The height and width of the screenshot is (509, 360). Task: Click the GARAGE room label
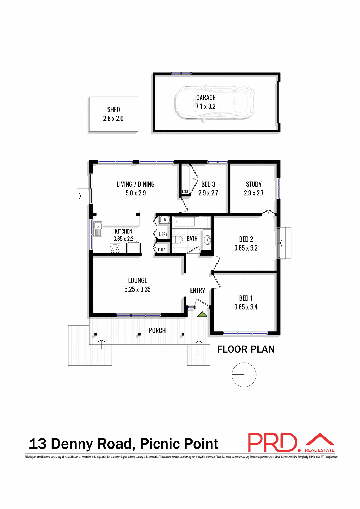click(206, 98)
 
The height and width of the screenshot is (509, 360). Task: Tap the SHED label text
click(113, 110)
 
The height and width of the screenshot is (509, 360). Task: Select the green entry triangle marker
click(202, 314)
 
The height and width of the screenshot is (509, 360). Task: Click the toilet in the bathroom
click(177, 240)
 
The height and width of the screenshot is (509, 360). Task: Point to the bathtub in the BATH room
click(186, 222)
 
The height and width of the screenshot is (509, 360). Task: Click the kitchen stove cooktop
click(115, 249)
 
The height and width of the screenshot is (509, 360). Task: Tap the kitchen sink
click(98, 229)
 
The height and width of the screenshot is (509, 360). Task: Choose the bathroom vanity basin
click(207, 240)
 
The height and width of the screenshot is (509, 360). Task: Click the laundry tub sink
click(164, 220)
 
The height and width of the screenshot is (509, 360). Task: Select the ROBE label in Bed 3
click(185, 192)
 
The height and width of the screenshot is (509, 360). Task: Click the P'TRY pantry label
click(161, 249)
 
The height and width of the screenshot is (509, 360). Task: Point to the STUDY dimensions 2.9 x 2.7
click(254, 193)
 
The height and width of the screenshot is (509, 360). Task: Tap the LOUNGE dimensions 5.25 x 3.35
click(137, 289)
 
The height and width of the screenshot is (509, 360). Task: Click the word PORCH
click(157, 331)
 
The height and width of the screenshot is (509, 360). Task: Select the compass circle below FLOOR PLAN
click(244, 375)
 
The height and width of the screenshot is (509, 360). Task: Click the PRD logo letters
click(272, 442)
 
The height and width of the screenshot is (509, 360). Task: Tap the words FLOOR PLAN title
click(246, 349)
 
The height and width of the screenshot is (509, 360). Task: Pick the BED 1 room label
click(246, 298)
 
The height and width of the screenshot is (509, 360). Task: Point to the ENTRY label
click(197, 291)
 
